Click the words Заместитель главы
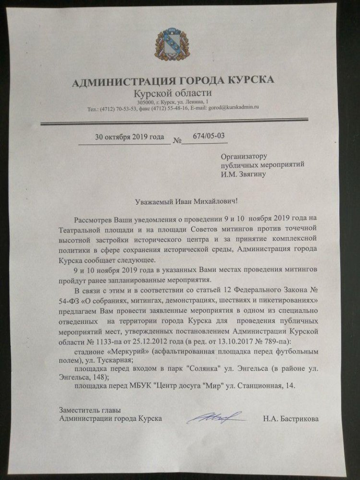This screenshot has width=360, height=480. [89, 410]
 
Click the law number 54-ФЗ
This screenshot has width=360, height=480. [79, 300]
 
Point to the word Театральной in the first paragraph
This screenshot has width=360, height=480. [85, 229]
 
